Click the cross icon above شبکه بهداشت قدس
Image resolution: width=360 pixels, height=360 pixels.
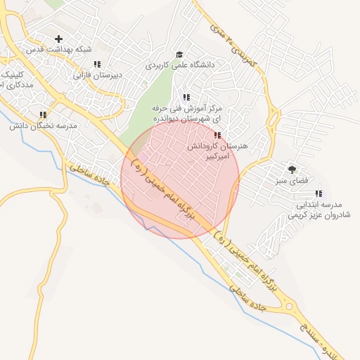click(x=58, y=39)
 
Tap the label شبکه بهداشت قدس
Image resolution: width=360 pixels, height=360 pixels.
click(x=59, y=49)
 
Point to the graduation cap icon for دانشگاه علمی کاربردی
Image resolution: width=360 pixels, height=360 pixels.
click(x=179, y=54)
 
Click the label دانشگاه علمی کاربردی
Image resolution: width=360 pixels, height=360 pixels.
click(x=179, y=64)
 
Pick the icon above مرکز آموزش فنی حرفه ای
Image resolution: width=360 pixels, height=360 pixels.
click(x=186, y=97)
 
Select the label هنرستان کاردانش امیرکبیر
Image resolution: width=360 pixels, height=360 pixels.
click(x=217, y=153)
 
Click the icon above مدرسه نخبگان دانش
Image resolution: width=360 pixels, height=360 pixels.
click(x=43, y=115)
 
